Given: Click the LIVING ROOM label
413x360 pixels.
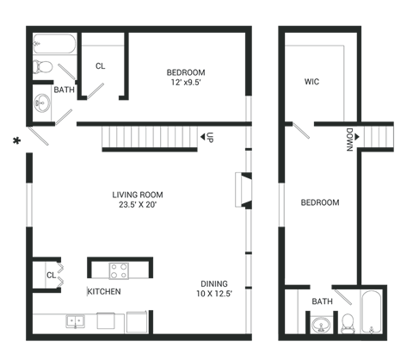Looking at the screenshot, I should tap(138, 195).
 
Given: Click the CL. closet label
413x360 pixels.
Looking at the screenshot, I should tap(101, 65).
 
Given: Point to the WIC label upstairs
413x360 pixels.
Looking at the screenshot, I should tap(311, 84).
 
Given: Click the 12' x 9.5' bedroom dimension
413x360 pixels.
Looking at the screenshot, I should tap(185, 84).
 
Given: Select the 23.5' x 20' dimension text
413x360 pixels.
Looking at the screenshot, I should tap(138, 205).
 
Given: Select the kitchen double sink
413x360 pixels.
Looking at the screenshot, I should tap(76, 321).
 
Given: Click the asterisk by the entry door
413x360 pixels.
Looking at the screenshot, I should tap(15, 139).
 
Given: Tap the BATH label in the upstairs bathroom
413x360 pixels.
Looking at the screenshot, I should tap(322, 302).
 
